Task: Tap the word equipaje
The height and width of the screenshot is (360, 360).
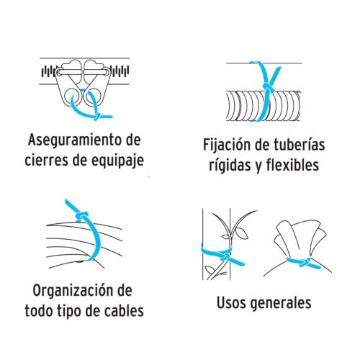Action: [x=117, y=161]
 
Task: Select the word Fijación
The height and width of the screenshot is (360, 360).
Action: [x=225, y=145]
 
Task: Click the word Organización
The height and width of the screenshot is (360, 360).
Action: [x=72, y=291]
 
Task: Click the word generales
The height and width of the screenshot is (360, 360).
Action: [x=281, y=304]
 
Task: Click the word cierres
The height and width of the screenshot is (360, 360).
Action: [x=47, y=160]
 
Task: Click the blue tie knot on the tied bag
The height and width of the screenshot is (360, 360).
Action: [x=305, y=261]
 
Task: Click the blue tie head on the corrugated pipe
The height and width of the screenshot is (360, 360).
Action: [x=269, y=87]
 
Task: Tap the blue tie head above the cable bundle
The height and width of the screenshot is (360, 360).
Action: [x=81, y=216]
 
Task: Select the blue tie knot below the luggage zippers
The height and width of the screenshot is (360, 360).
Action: [x=98, y=116]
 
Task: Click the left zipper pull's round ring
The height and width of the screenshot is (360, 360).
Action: [x=71, y=96]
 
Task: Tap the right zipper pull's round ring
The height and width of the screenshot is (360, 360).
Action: [x=93, y=96]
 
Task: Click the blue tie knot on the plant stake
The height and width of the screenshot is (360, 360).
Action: [x=225, y=257]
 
